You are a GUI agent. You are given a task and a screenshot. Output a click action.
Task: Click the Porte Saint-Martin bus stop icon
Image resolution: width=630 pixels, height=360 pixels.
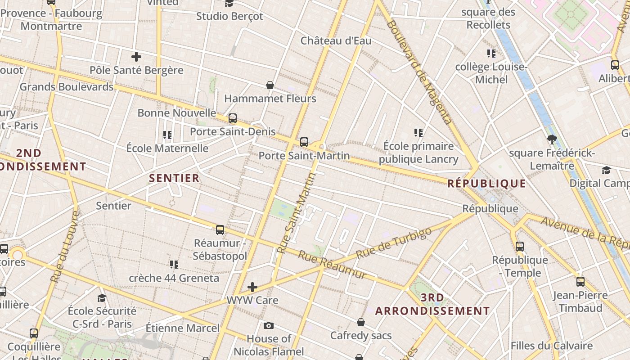coord(304,142)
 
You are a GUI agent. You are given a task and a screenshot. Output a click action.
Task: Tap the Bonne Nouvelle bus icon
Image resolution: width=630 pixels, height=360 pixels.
coord(233,118)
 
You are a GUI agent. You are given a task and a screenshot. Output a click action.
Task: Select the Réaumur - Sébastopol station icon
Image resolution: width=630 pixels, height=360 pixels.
coord(220,229)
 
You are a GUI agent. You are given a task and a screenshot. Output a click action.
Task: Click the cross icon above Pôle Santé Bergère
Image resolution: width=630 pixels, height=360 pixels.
coord(136,57)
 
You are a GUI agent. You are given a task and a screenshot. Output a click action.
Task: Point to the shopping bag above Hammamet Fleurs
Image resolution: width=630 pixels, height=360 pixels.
coord(270,85)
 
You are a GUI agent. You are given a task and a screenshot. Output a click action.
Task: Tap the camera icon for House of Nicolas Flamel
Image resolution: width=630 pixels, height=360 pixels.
coord(269,325)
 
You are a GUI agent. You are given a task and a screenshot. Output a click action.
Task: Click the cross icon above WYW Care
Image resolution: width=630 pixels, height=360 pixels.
coord(252,287)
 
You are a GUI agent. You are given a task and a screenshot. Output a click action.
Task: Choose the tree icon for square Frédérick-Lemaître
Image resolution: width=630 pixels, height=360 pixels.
coord(552,139)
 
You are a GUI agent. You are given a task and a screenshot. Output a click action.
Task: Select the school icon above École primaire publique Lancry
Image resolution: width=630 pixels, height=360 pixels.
coord(418,133)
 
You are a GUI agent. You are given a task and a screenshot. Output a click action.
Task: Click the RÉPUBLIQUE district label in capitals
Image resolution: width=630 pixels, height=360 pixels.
coord(486,184)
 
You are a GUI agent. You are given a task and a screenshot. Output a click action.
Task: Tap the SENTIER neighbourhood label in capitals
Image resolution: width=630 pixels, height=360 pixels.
coord(174,178)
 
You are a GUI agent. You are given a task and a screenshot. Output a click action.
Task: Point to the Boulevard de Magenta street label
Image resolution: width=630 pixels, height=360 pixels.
coord(418,72)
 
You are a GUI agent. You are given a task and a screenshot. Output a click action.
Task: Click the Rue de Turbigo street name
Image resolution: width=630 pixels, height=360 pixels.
coord(393,243)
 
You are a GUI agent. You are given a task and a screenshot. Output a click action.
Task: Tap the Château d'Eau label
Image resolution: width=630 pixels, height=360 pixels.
coord(336,41)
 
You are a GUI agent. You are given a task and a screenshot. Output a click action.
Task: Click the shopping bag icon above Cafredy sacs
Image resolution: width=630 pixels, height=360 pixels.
coord(361,322)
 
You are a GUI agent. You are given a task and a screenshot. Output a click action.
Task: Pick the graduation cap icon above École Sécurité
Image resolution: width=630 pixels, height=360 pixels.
coord(102,297)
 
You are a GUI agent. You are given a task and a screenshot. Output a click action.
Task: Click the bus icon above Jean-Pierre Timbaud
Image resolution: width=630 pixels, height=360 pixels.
coord(580,282)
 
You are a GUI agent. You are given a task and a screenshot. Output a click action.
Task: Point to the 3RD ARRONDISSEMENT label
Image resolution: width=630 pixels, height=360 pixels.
coord(432,304)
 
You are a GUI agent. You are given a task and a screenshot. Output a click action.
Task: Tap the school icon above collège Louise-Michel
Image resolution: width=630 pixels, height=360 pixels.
coord(491,54)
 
